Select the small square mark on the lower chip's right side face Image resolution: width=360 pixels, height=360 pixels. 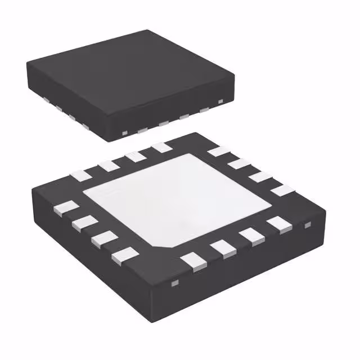(308, 226)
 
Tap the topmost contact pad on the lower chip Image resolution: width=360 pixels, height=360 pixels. (162, 147)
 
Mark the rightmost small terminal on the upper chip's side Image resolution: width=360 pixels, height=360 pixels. (220, 101)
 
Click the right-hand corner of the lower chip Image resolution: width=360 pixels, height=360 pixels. (325, 209)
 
